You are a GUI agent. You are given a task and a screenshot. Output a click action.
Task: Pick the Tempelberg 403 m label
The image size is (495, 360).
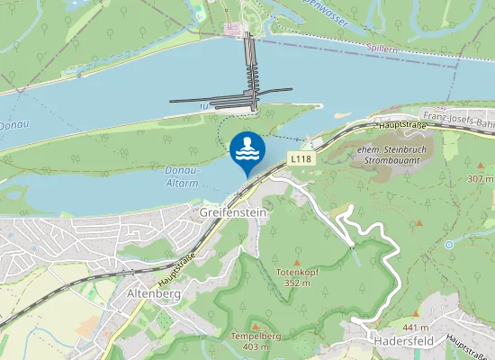pyautogui.click(x=251, y=341)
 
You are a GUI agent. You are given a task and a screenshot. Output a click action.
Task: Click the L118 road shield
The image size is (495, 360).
pyautogui.click(x=300, y=158)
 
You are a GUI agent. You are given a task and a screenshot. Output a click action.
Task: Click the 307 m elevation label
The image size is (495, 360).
pyautogui.click(x=481, y=179)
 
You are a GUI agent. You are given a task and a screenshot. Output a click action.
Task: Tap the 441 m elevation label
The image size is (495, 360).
pyautogui.click(x=416, y=327)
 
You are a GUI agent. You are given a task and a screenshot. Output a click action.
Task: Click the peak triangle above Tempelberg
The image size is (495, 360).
pyautogui.click(x=256, y=326)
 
